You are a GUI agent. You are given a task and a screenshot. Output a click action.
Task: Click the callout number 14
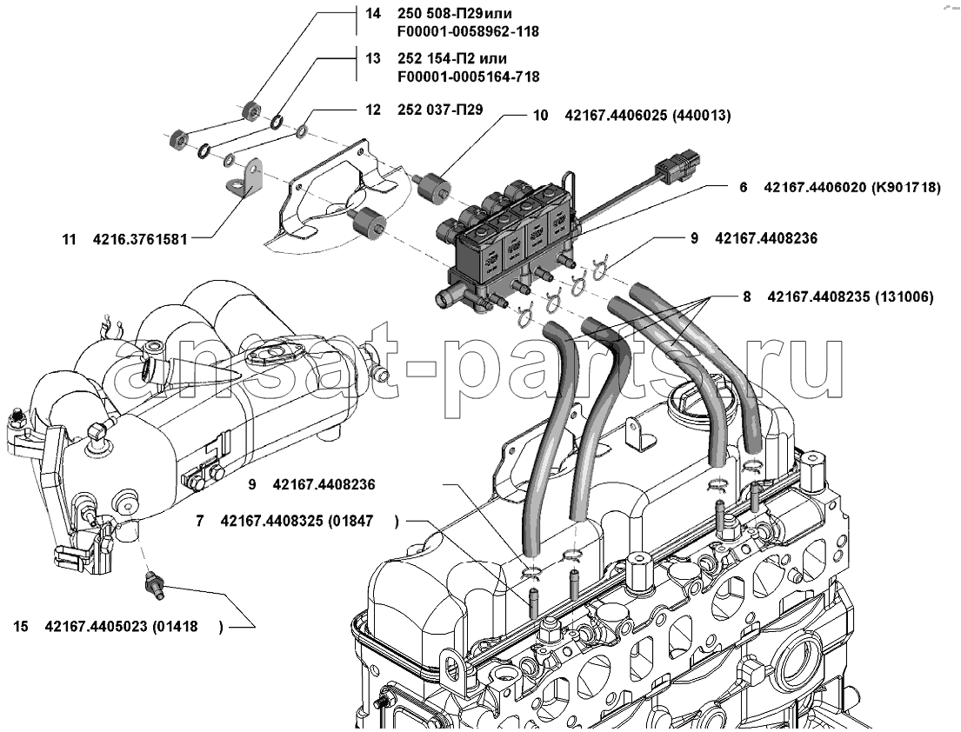(373, 14)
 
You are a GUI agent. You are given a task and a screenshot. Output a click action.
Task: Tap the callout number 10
(540, 115)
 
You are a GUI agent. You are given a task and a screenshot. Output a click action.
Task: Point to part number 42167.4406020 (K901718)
(852, 187)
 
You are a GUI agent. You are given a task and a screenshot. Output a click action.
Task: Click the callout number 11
(69, 237)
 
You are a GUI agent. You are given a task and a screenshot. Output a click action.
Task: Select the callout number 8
(746, 296)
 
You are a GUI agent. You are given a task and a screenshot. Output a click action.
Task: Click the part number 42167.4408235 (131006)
(851, 296)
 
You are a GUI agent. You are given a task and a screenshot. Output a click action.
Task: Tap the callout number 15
(21, 626)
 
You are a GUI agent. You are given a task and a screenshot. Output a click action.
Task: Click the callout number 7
(200, 522)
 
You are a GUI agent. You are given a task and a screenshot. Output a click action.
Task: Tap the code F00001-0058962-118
(467, 32)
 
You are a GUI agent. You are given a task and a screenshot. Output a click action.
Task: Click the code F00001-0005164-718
(467, 77)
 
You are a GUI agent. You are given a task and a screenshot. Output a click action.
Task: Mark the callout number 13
(373, 58)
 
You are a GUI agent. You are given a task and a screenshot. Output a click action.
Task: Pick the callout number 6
(744, 187)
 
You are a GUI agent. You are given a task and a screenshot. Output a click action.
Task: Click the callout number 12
(373, 110)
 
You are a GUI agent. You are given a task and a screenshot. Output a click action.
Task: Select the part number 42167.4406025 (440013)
(647, 115)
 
